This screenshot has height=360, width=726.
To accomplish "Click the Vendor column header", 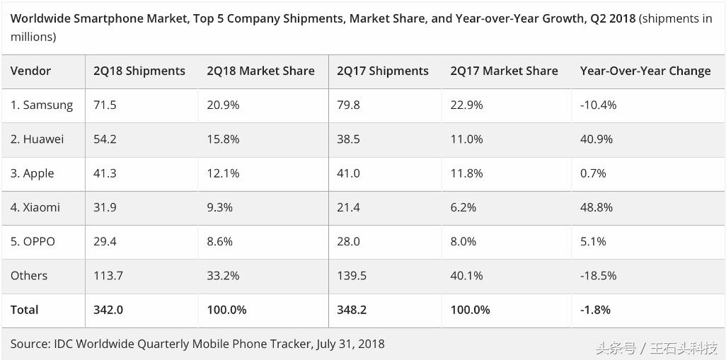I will (30, 71).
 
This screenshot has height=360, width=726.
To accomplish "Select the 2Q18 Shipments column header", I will (139, 71).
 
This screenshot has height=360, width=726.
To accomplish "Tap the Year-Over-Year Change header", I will (645, 71).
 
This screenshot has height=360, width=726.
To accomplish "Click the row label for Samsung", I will (42, 105).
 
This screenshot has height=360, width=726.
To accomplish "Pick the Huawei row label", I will (37, 139).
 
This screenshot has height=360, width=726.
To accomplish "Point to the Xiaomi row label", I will (35, 207).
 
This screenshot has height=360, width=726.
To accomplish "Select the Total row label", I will (25, 310).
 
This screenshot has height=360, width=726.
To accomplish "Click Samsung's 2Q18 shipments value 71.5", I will (105, 105).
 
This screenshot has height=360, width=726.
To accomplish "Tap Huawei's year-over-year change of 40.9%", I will (597, 139).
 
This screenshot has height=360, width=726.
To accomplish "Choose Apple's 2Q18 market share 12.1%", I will (223, 173).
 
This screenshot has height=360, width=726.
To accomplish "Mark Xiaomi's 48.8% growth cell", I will (597, 207).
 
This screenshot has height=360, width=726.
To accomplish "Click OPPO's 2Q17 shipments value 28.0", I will (348, 241).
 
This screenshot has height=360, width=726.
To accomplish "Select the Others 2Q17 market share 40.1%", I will (466, 275).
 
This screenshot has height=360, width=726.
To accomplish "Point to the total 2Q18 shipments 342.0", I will (108, 310).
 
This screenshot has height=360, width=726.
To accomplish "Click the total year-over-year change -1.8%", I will (595, 310).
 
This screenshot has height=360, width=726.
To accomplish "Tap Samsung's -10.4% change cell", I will (599, 105).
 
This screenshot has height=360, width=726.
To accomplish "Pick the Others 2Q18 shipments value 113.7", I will (108, 275).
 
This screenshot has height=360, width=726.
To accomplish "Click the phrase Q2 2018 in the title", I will (612, 18).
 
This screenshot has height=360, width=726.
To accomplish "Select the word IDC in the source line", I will (62, 344).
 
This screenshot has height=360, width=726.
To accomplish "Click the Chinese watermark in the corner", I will (657, 348).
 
